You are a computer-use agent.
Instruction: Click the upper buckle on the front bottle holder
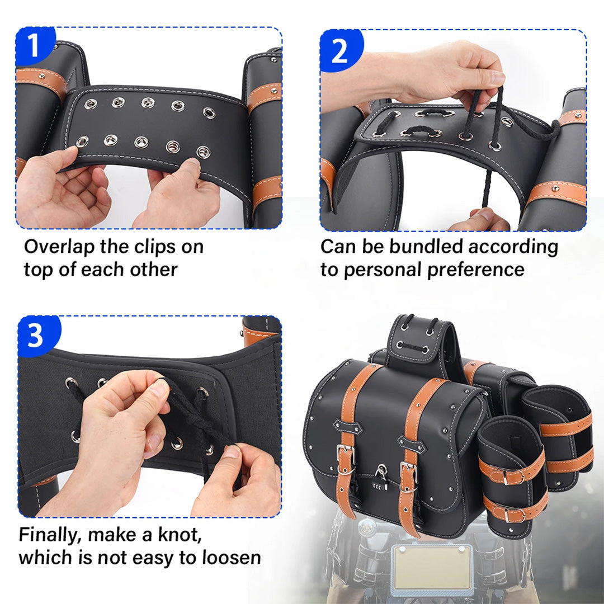tap(506, 477)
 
